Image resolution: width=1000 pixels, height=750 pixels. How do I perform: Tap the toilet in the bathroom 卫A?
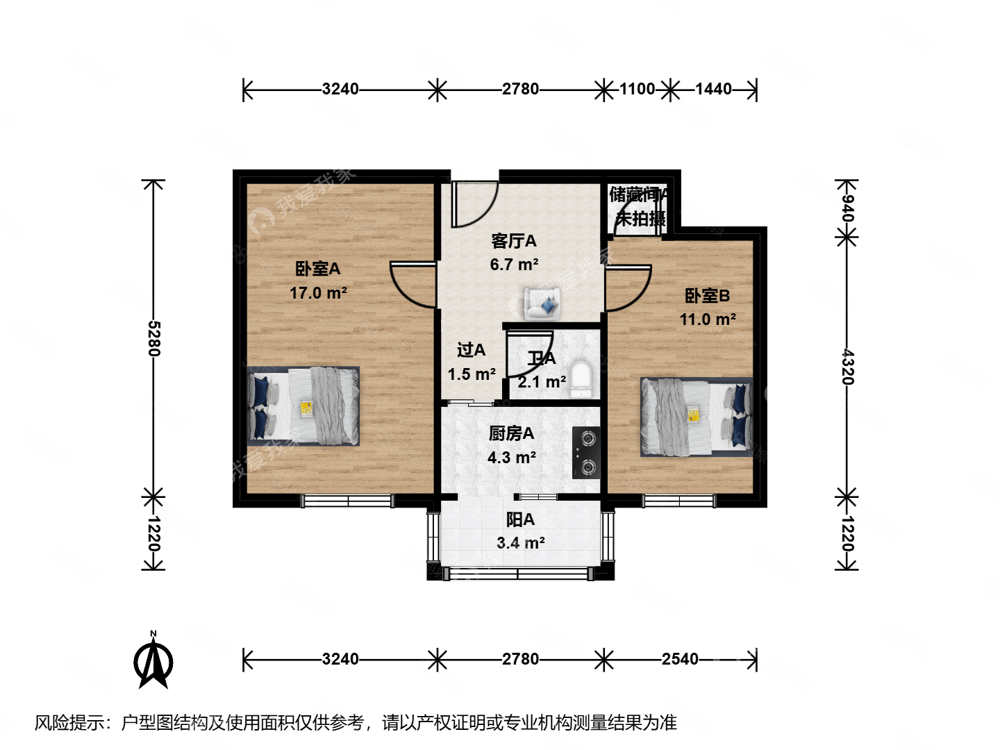coord(580,378)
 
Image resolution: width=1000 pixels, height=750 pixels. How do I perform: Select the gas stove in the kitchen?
coord(586,453)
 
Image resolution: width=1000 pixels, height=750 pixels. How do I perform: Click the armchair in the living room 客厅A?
coord(542,303)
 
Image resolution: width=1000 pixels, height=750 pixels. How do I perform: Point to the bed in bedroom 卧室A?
coord(303,406)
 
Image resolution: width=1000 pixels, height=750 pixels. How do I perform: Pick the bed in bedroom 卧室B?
coord(696,417)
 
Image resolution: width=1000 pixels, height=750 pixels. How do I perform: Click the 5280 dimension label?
coord(153,338)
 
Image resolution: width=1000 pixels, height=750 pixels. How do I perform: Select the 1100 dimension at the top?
coord(637,89)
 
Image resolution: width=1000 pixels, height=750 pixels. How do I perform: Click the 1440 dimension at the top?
coord(713,89)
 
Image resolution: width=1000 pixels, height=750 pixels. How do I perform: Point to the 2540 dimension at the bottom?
coord(680,659)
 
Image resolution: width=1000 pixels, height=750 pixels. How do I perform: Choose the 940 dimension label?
coord(847,208)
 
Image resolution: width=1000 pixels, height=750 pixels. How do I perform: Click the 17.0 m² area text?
coord(318,293)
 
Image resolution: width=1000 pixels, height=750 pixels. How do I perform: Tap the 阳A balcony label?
coord(520,519)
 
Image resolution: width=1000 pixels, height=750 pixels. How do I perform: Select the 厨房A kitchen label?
coord(511,433)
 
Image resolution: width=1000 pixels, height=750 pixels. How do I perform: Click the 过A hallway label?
coord(471,351)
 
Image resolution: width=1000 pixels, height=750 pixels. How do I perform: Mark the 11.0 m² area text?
coord(708,319)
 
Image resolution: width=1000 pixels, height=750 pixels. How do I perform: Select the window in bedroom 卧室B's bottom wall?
coord(678,500)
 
